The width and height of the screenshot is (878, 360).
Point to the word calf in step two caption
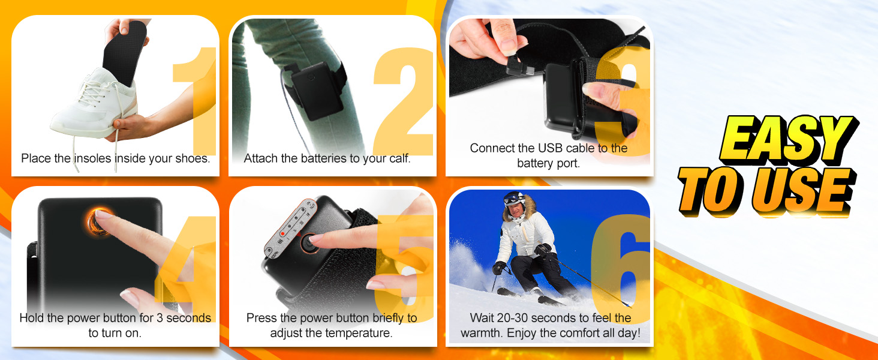coord(398,159)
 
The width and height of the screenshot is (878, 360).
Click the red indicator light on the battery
coord(282,233)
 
